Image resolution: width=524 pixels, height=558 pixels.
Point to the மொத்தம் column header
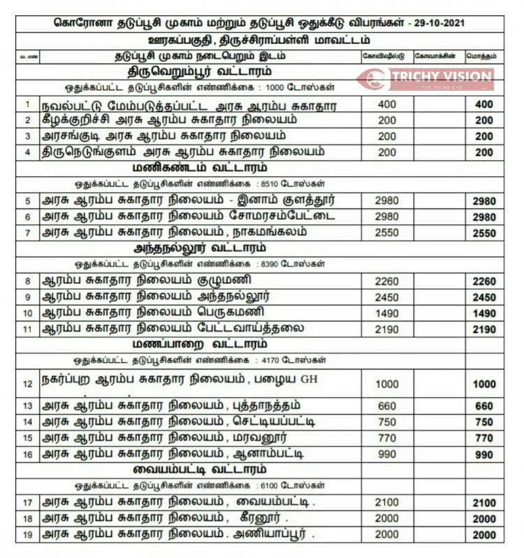coord(483,55)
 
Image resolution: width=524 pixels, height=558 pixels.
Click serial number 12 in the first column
coord(28,384)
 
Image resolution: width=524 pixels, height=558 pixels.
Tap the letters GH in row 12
coord(309,380)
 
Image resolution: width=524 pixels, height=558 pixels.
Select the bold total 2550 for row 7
coord(484,234)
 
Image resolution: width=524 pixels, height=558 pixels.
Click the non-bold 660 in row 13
coord(386,406)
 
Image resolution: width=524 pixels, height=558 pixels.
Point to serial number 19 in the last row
coord(28,535)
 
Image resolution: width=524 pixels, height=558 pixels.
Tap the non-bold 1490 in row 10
coord(386,312)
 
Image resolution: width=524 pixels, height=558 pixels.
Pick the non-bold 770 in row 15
coord(386,438)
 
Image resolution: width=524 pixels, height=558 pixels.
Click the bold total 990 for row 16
coord(484,455)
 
